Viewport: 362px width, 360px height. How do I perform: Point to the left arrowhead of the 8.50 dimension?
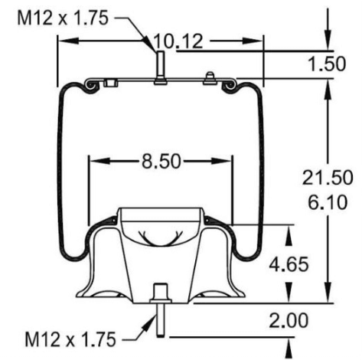tap(94, 162)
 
